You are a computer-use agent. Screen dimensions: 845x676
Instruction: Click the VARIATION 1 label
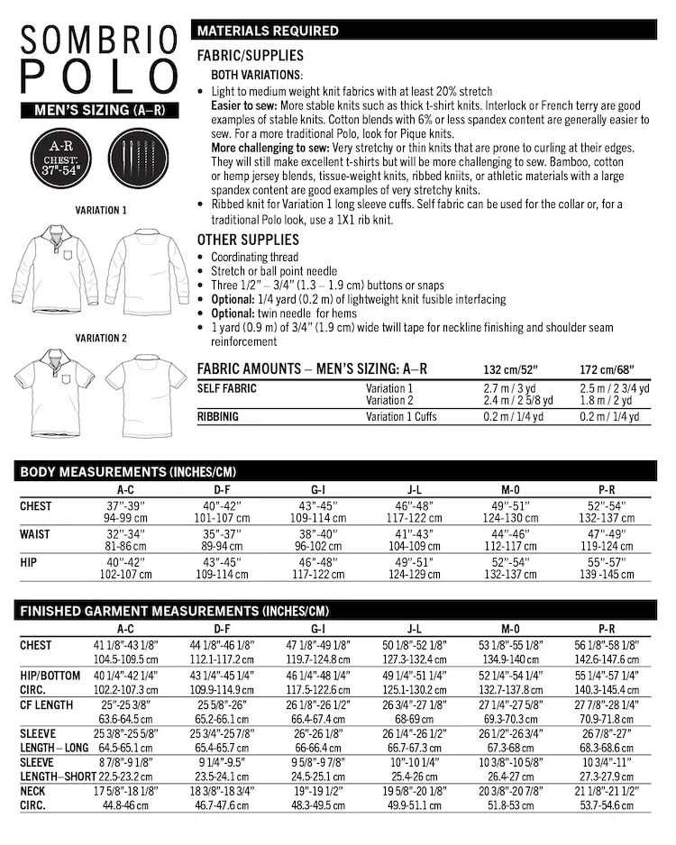pos(100,210)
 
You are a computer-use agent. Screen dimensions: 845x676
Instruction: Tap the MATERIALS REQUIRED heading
pos(269,31)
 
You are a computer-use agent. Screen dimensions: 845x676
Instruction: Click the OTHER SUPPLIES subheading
pos(248,241)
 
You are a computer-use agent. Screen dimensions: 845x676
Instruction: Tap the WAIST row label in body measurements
pos(36,533)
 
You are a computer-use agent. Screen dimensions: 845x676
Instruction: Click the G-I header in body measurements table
pos(317,488)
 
